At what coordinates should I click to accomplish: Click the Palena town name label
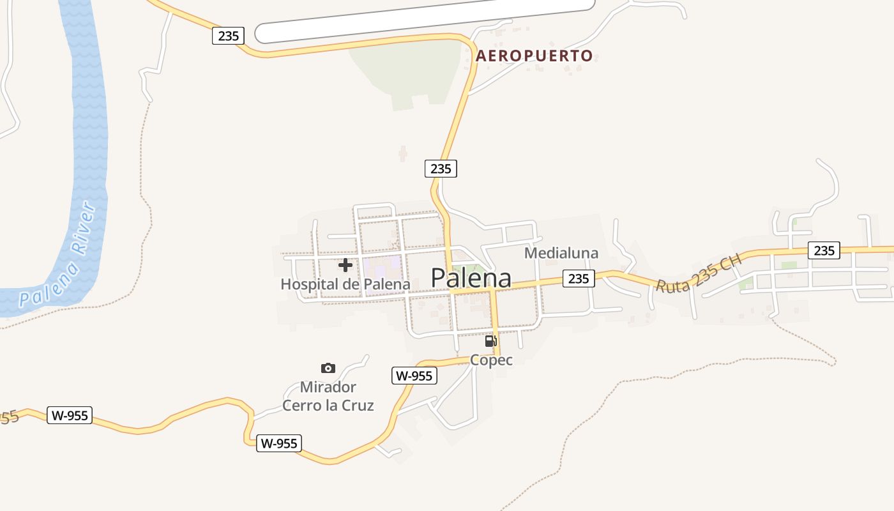pyautogui.click(x=471, y=278)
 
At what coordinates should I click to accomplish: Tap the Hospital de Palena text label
pyautogui.click(x=345, y=284)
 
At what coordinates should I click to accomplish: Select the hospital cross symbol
pyautogui.click(x=345, y=264)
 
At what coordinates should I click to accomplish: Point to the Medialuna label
pyautogui.click(x=561, y=253)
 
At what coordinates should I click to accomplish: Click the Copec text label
pyautogui.click(x=491, y=360)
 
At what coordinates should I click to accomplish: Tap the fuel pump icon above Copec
pyautogui.click(x=490, y=341)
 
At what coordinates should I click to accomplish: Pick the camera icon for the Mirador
pyautogui.click(x=328, y=368)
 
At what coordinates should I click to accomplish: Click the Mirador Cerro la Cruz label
pyautogui.click(x=328, y=396)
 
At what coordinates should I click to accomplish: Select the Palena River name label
pyautogui.click(x=58, y=256)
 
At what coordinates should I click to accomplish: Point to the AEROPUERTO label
pyautogui.click(x=534, y=56)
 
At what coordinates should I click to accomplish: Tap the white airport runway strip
pyautogui.click(x=425, y=20)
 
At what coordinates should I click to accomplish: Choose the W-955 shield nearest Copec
pyautogui.click(x=414, y=376)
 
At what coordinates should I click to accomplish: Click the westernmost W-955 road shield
pyautogui.click(x=70, y=415)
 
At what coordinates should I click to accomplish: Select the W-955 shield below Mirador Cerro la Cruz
pyautogui.click(x=279, y=443)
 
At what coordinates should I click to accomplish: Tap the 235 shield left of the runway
pyautogui.click(x=228, y=36)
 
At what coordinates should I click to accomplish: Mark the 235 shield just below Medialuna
pyautogui.click(x=579, y=278)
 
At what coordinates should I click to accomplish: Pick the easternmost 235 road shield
pyautogui.click(x=824, y=250)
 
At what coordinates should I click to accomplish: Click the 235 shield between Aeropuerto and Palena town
pyautogui.click(x=441, y=169)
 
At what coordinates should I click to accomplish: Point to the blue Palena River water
pyautogui.click(x=89, y=128)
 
